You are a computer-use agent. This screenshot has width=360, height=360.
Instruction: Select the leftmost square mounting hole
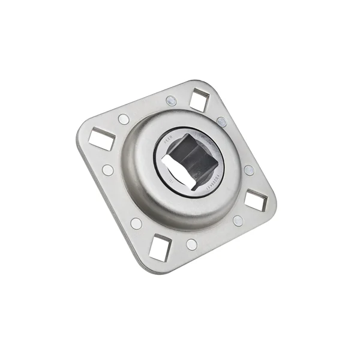point(101,140)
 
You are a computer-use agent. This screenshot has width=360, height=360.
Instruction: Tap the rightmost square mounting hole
point(256,201)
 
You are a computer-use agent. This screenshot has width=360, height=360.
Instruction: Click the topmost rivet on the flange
point(170,100)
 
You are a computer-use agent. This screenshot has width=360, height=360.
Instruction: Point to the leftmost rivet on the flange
point(108,170)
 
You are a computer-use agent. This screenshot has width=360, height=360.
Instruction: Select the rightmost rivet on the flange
point(249,170)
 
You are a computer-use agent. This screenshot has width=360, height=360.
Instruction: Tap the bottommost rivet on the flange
point(191,244)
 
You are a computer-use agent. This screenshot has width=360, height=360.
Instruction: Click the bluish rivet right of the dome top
point(221,122)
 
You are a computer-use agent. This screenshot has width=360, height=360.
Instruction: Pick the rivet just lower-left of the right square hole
point(238,220)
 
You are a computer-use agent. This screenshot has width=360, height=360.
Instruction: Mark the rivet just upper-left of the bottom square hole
point(137,223)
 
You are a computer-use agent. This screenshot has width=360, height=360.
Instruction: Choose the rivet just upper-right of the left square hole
point(124,119)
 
